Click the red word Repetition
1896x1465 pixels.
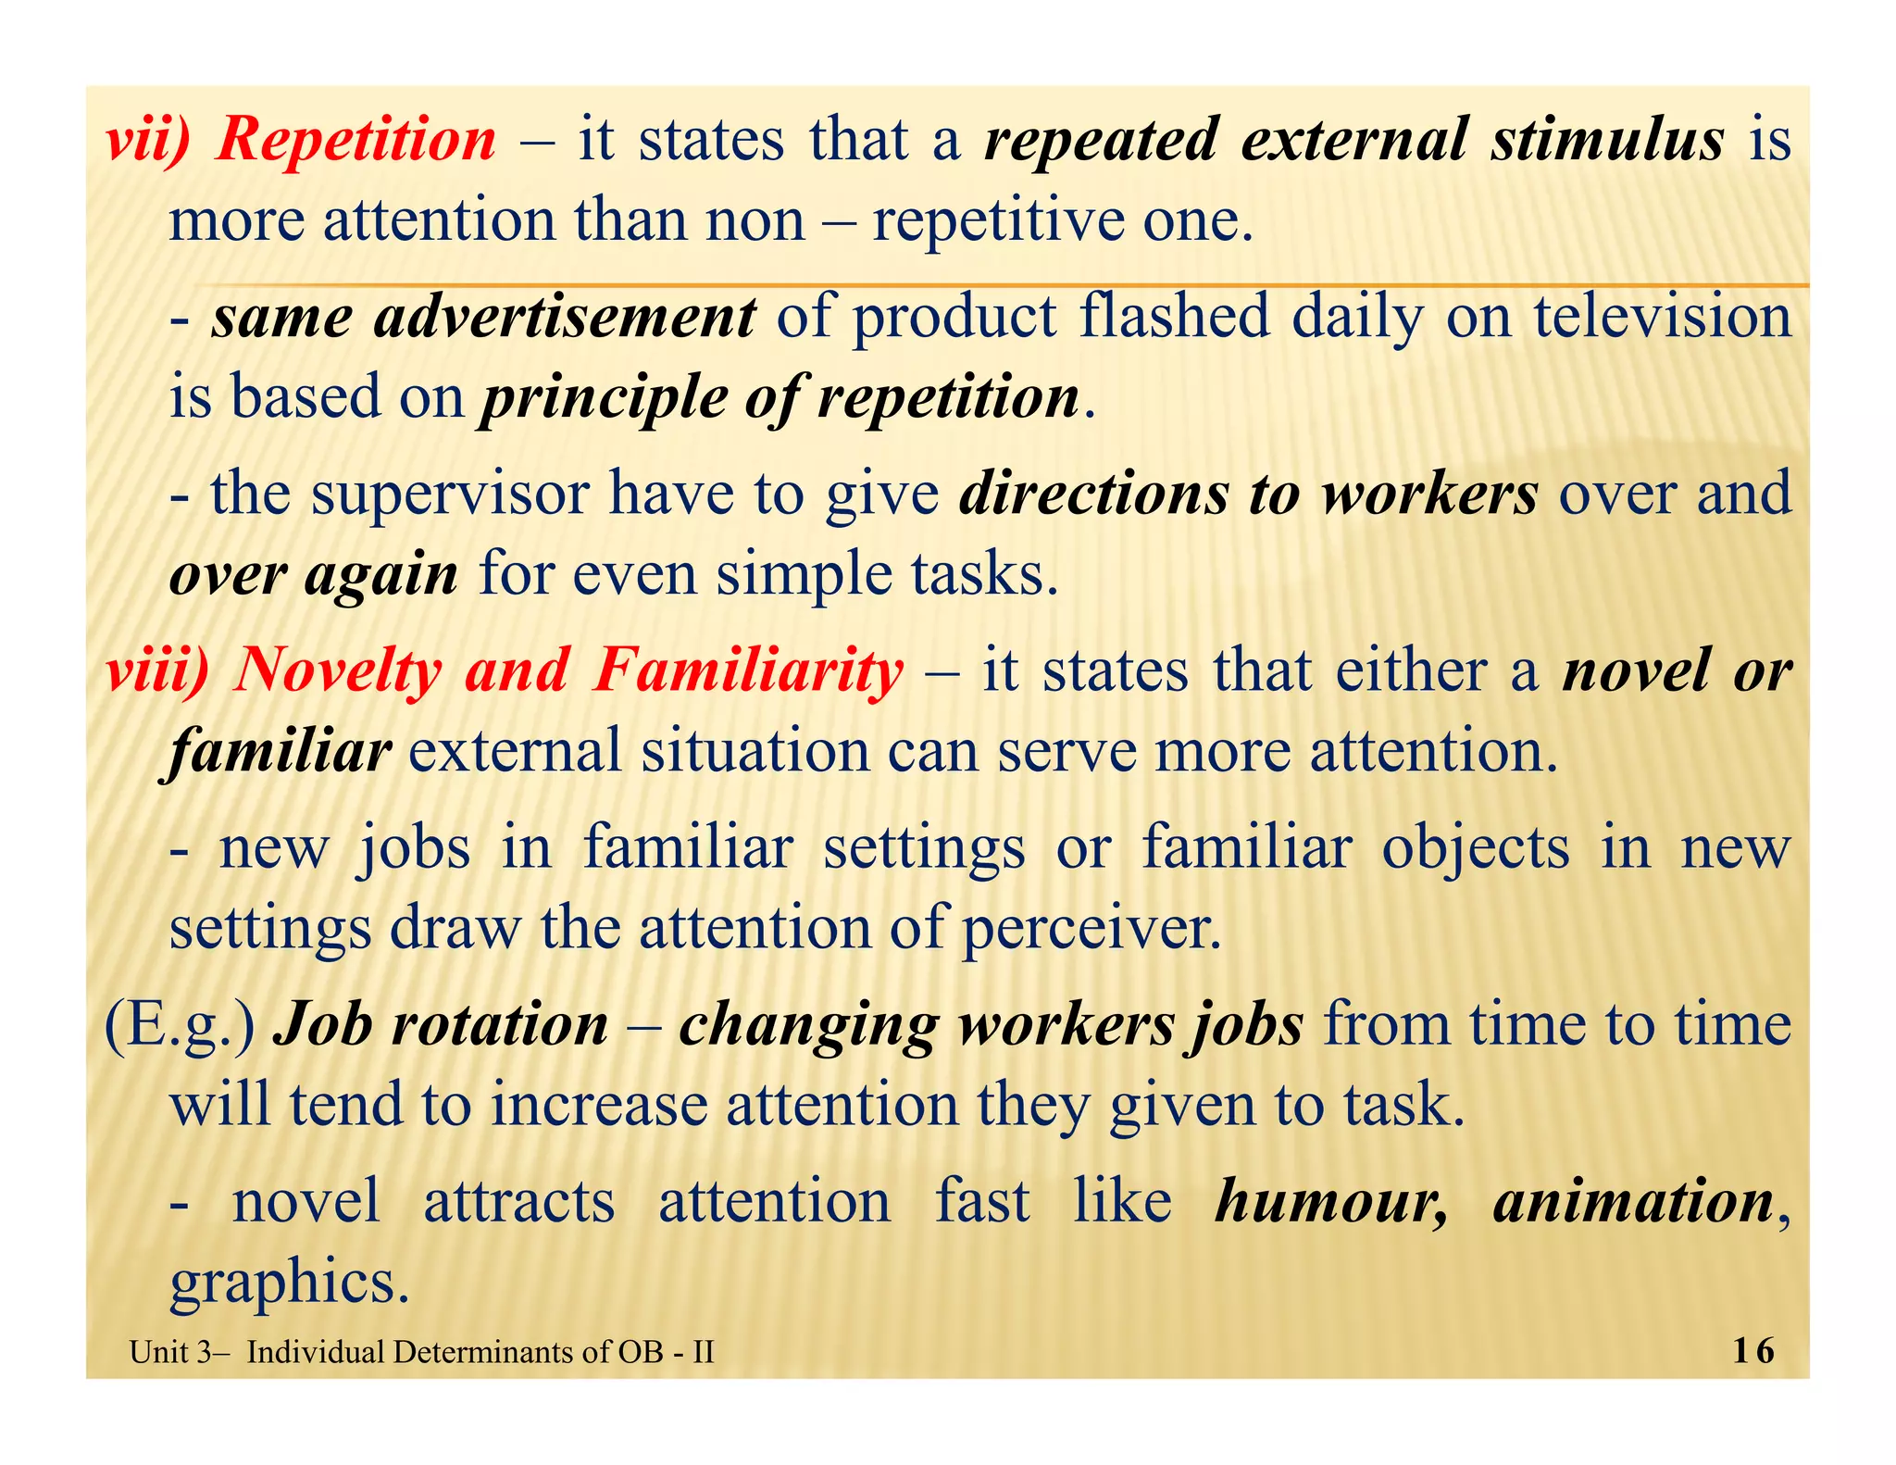click(355, 141)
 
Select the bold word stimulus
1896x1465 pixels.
click(1607, 141)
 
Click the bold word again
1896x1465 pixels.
click(380, 576)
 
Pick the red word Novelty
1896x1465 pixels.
click(338, 670)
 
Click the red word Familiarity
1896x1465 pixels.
click(747, 670)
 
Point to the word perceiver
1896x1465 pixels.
click(1091, 928)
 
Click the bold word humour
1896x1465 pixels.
click(1331, 1201)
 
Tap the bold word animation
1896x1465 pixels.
click(1633, 1201)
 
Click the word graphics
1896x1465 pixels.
click(289, 1283)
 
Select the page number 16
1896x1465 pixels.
click(1753, 1351)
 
